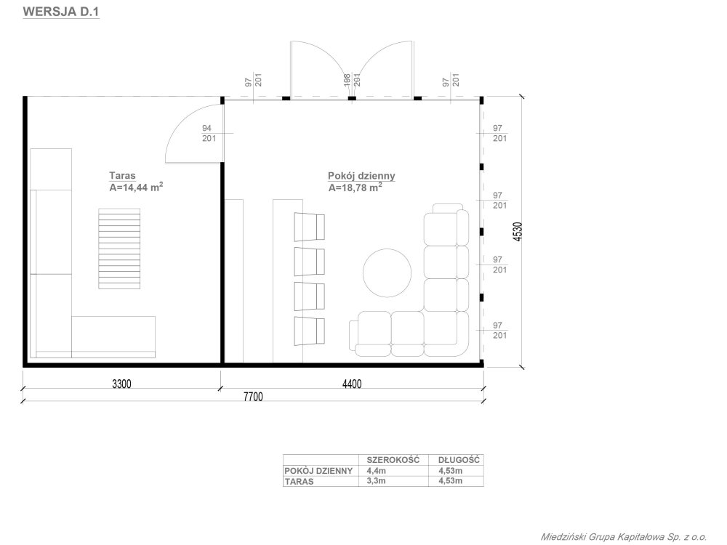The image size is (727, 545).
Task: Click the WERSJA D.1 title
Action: point(61,12)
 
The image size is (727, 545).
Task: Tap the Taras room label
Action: point(122,176)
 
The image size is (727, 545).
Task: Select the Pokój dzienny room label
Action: point(361,176)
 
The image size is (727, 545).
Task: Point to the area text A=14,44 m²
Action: point(136,187)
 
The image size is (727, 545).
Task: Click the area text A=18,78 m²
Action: point(356,187)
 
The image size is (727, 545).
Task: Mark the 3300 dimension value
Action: point(121,384)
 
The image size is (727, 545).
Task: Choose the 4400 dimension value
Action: point(352,384)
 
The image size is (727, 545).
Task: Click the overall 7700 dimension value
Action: point(253,397)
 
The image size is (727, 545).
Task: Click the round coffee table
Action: point(387,273)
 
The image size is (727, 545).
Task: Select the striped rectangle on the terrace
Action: point(119,249)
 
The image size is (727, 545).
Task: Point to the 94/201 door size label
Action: point(209,133)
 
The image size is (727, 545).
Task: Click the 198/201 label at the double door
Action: point(352,80)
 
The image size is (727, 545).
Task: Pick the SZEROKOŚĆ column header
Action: point(393,460)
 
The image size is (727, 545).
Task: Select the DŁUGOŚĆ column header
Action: point(459,460)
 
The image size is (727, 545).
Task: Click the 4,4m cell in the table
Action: point(376,471)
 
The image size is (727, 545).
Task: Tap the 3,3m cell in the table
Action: point(376,481)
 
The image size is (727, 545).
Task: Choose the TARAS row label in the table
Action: point(299,482)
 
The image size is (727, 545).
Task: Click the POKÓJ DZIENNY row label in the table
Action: point(318,471)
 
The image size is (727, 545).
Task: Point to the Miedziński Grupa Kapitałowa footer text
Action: point(624,537)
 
